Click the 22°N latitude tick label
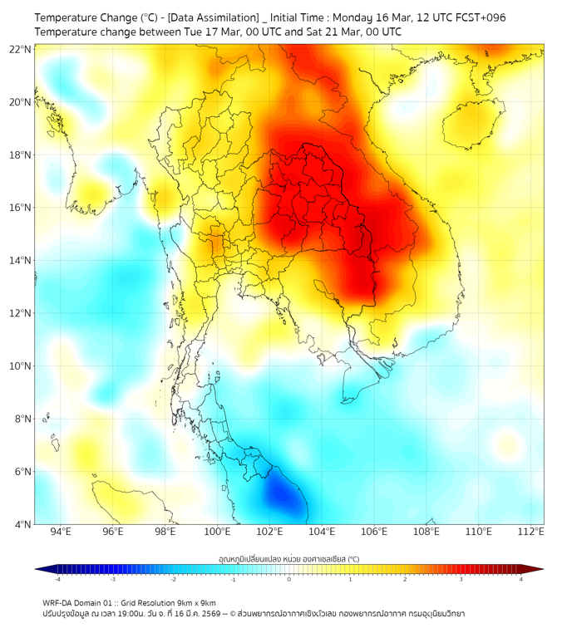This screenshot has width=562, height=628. (x=21, y=49)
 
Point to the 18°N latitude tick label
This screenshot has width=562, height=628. (x=21, y=155)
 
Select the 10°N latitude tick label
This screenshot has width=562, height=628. (x=21, y=366)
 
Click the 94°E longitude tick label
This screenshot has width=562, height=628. (x=61, y=532)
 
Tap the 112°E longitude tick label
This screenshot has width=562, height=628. (x=530, y=532)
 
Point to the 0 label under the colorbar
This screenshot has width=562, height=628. (x=289, y=579)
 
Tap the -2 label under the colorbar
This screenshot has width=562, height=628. (x=173, y=579)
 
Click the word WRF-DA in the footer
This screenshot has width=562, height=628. (x=57, y=602)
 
